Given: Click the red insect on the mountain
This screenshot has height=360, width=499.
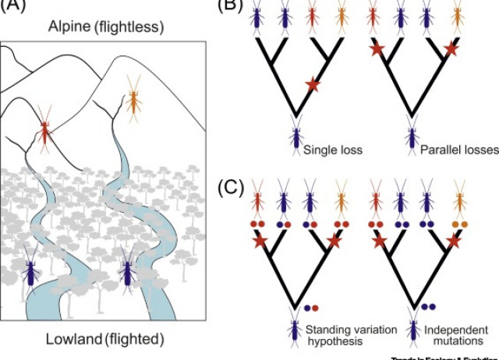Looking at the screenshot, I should [x=48, y=132].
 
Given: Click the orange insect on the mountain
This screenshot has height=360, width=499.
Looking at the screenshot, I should [x=135, y=99].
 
